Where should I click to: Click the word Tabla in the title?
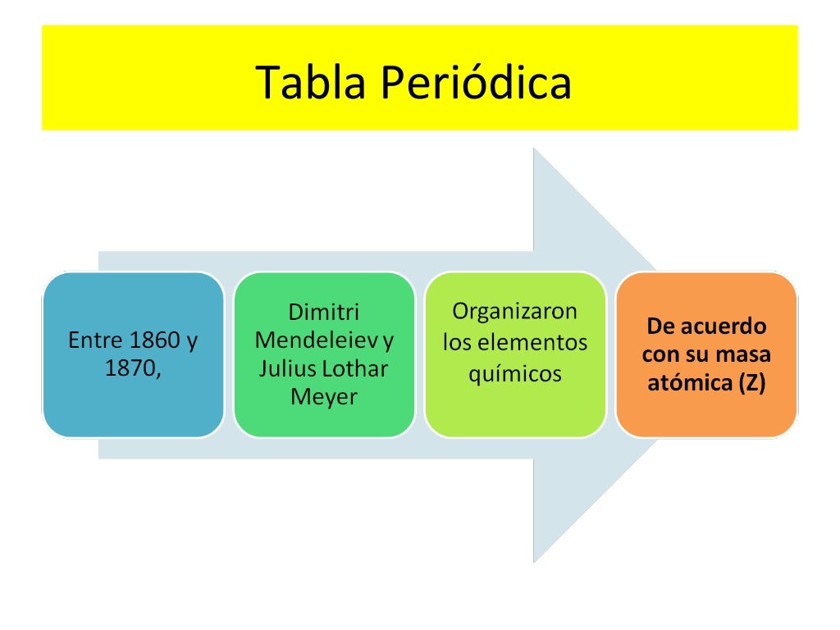point(302,82)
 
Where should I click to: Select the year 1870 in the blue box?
point(131,368)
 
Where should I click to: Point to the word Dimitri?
point(324,313)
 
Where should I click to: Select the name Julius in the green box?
point(284,368)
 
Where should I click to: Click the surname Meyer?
point(324,397)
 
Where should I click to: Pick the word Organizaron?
point(515,313)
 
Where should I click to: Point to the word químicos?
point(515,374)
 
